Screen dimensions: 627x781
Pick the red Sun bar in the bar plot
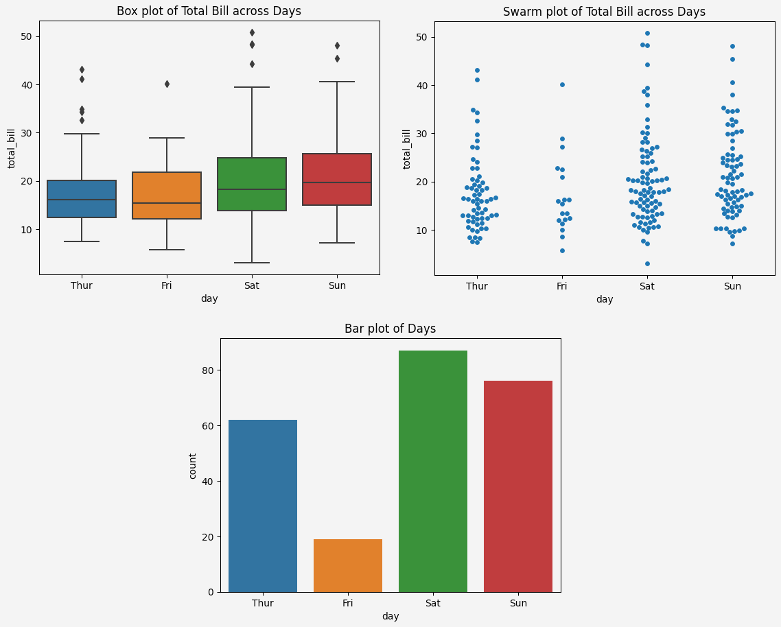[518, 486]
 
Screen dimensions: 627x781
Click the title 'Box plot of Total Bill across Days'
[209, 11]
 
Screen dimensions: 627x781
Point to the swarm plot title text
[604, 12]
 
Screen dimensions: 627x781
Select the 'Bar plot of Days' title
[390, 329]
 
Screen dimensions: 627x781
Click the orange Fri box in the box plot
[167, 196]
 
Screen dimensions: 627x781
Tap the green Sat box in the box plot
[252, 184]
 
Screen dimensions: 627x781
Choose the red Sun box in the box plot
[337, 179]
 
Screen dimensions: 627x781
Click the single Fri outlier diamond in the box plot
[167, 84]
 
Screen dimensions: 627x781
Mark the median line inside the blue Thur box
[82, 200]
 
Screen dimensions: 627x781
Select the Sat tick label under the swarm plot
[647, 286]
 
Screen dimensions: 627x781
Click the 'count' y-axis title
[193, 466]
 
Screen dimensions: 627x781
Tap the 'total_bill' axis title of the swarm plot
[406, 149]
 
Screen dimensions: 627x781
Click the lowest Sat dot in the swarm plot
[647, 263]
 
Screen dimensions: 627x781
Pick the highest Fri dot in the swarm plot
[562, 84]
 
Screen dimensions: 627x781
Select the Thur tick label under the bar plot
[263, 603]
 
